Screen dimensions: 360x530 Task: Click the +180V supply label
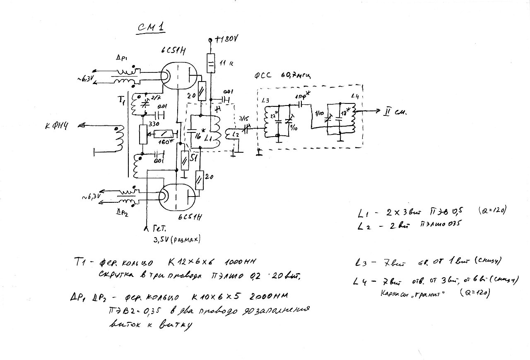pyautogui.click(x=226, y=39)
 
